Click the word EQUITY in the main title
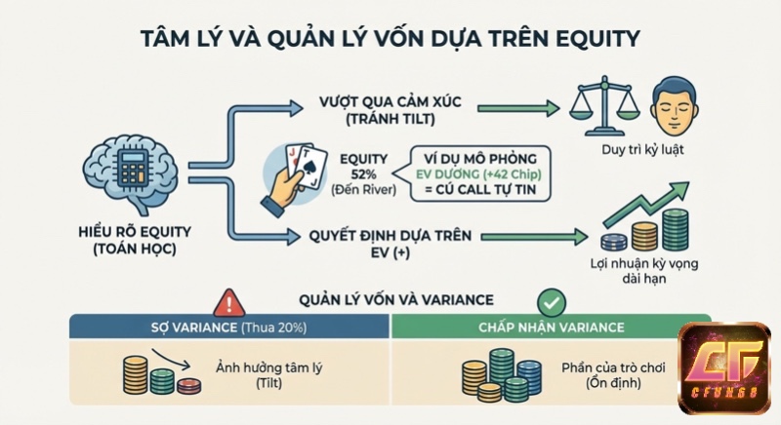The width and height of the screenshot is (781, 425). coord(588,40)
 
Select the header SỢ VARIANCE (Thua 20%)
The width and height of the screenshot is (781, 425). coord(228,328)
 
